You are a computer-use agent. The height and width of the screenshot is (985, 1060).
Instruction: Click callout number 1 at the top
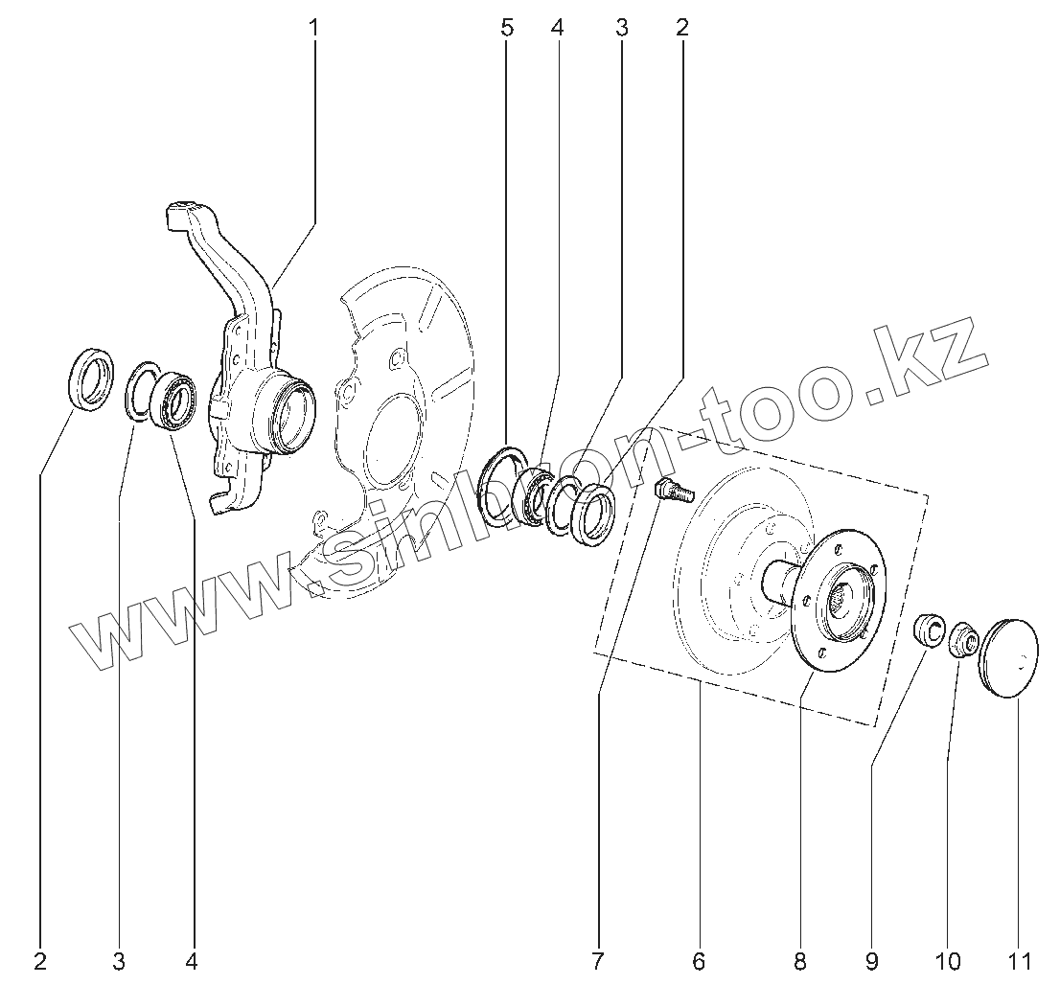point(314,27)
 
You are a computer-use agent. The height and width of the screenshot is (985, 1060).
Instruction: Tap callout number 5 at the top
point(507,27)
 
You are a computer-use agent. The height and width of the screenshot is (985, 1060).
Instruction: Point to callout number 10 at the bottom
point(947,959)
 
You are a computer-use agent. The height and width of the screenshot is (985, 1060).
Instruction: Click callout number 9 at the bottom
point(871,959)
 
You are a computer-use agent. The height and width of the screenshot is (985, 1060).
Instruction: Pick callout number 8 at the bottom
point(799,959)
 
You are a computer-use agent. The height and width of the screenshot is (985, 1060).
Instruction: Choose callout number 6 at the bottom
point(698,959)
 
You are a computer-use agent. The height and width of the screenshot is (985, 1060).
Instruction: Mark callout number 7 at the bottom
point(598,959)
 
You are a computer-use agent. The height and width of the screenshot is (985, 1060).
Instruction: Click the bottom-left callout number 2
point(40,959)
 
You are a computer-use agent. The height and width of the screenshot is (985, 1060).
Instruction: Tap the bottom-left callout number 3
point(118,959)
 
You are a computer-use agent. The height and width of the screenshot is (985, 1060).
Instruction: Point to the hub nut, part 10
point(962,641)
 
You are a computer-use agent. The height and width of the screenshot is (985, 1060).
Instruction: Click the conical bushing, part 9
point(929,630)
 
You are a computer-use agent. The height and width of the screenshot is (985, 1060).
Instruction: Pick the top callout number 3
point(621,27)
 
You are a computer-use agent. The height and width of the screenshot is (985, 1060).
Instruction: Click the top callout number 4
point(558,27)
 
